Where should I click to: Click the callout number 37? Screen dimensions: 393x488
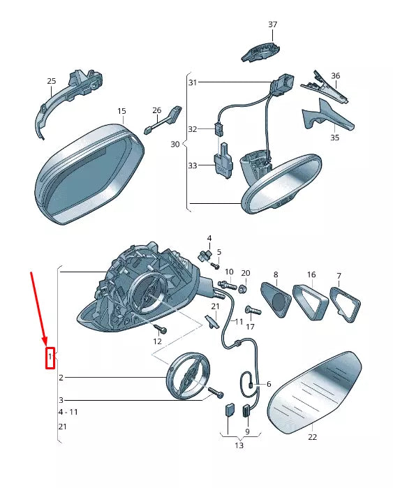(272, 24)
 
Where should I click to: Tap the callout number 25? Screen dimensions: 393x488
(52, 81)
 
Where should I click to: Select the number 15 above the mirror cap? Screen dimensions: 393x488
(121, 111)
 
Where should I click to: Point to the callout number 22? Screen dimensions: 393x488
(313, 437)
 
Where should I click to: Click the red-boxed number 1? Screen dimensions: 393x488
(50, 357)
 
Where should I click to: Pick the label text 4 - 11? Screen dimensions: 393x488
(68, 412)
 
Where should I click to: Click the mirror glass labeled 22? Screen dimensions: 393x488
(314, 393)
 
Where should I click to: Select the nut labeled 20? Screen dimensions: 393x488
(244, 289)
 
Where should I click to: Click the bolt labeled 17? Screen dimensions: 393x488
(253, 310)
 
